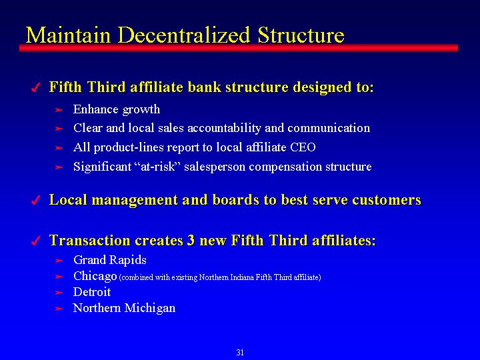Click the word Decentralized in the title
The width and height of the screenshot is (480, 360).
click(x=184, y=35)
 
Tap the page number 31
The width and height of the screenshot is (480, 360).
click(x=240, y=353)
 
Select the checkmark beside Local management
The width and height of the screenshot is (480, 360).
click(x=36, y=201)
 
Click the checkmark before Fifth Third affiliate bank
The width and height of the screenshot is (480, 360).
click(x=36, y=88)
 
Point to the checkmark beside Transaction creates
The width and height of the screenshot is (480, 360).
click(x=36, y=241)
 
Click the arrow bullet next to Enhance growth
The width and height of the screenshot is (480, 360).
click(x=59, y=110)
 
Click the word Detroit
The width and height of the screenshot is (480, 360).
click(x=92, y=292)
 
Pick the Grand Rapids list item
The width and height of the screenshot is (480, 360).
click(x=110, y=260)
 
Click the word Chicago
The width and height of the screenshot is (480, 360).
click(x=95, y=276)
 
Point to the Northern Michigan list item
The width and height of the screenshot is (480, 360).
click(x=124, y=308)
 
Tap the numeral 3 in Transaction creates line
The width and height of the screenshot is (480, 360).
click(x=191, y=240)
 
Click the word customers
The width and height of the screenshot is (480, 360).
click(x=386, y=200)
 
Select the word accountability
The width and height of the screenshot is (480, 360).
click(x=225, y=128)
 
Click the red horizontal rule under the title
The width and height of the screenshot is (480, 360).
click(x=239, y=48)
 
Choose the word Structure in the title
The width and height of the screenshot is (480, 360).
click(x=301, y=35)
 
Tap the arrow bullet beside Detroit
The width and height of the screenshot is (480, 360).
click(x=59, y=293)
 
